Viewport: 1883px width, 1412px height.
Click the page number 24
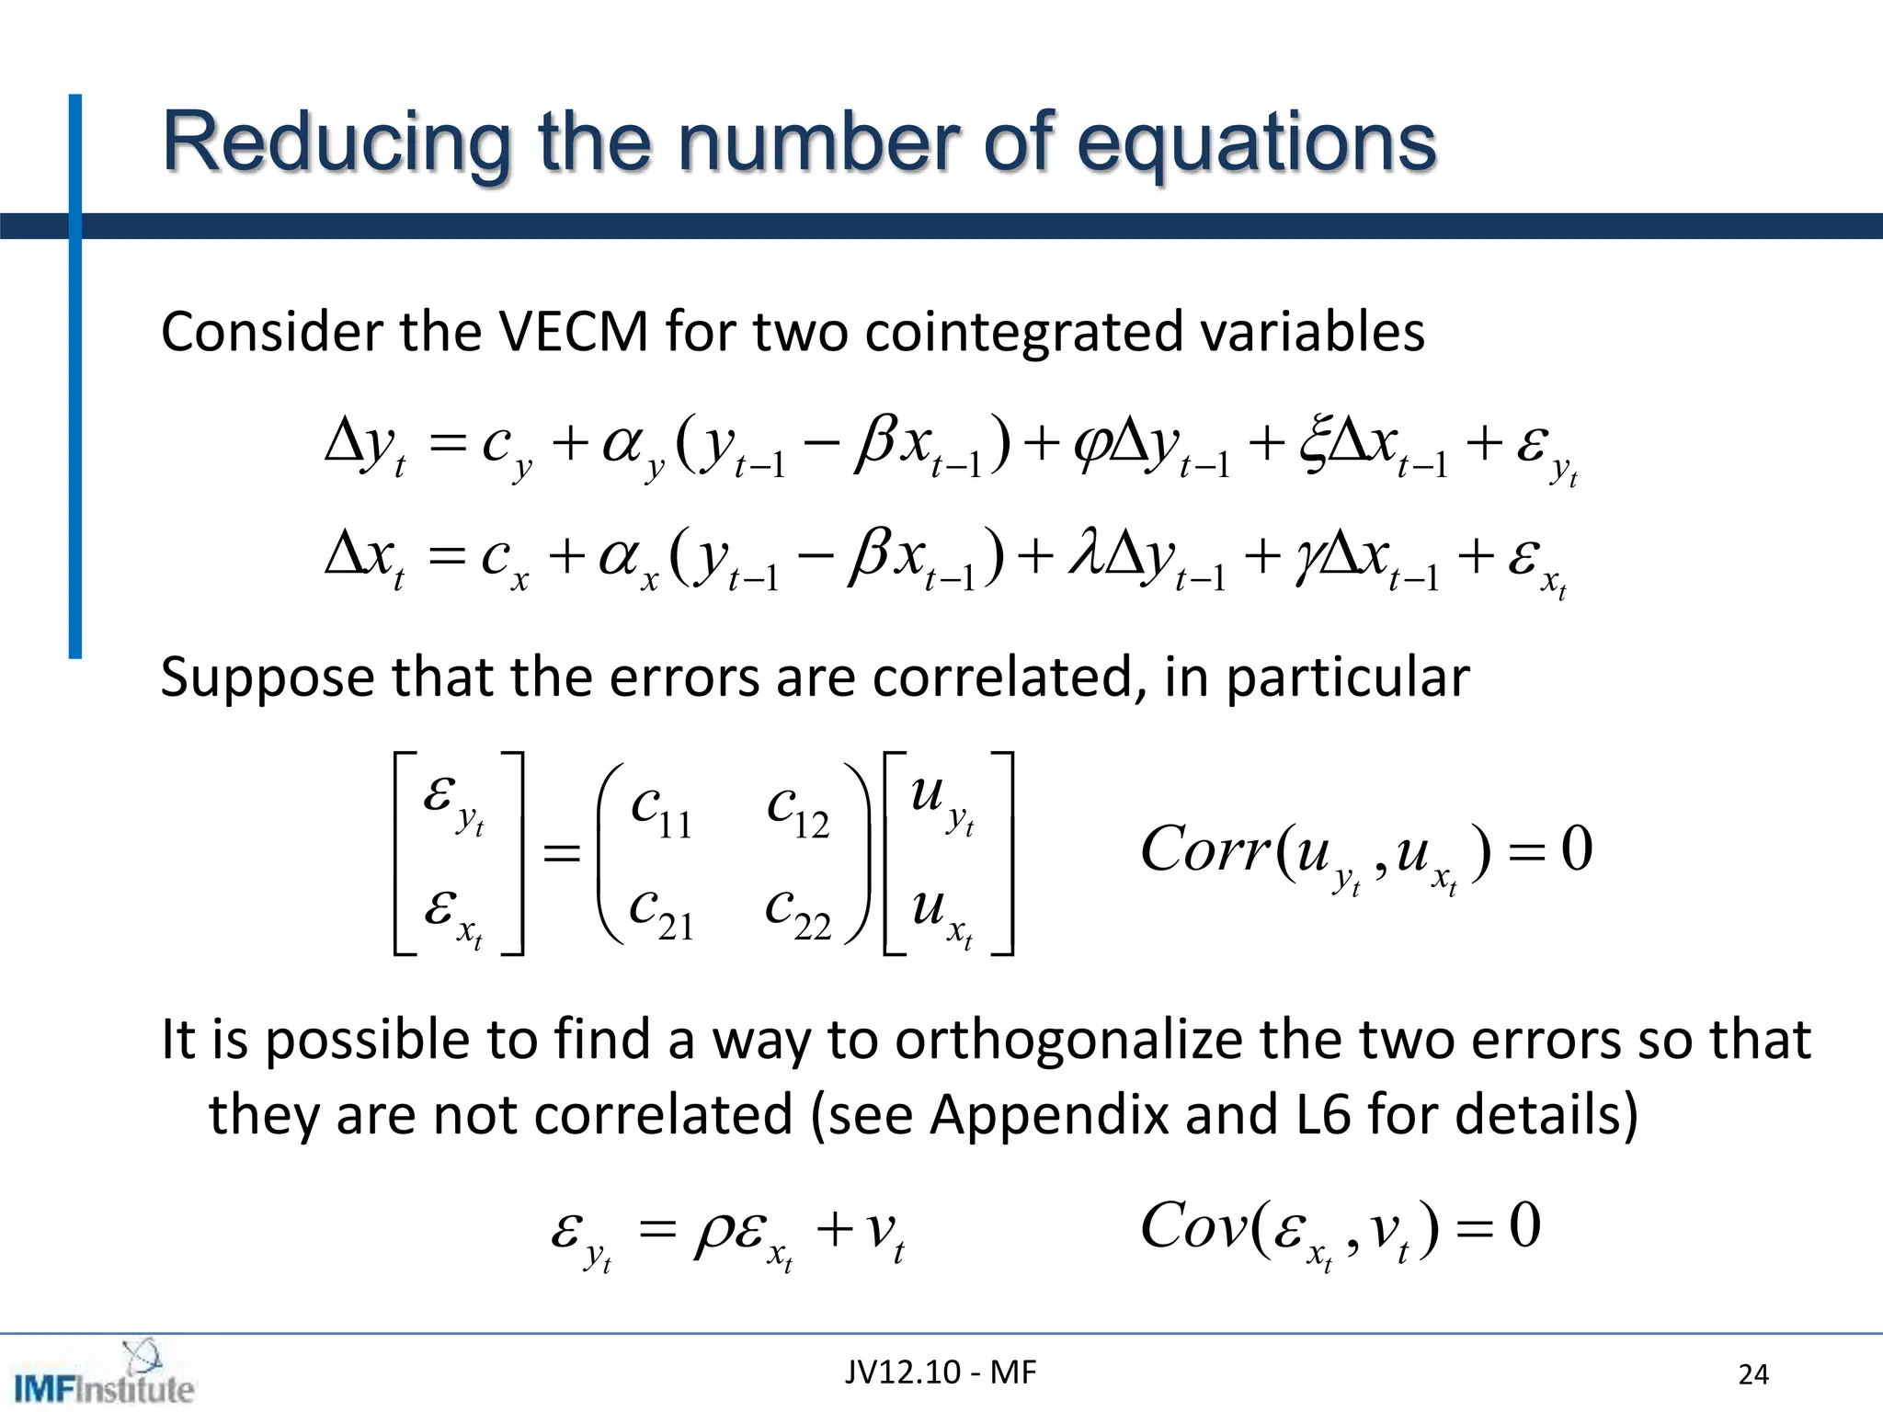1753,1374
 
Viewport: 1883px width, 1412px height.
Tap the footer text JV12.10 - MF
940,1372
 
